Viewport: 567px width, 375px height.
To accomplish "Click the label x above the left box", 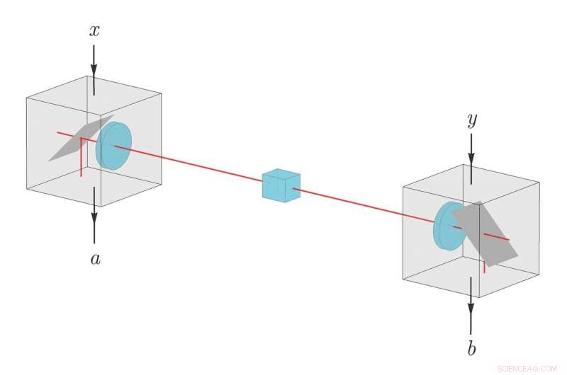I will (94, 30).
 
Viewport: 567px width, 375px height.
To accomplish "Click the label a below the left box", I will (95, 259).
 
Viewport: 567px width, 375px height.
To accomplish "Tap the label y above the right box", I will (471, 121).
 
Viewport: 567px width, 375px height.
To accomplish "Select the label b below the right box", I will (471, 348).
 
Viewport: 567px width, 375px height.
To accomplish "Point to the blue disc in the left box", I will (113, 146).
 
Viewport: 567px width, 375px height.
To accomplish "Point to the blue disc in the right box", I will (447, 226).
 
